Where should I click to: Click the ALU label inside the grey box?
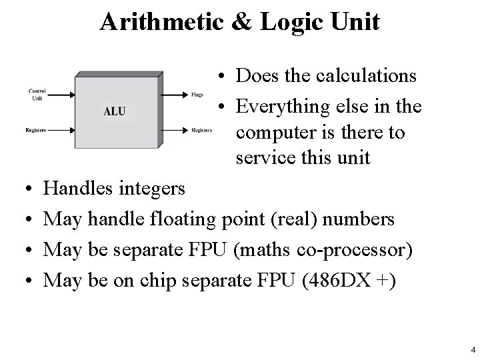[114, 111]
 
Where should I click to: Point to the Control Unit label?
[37, 94]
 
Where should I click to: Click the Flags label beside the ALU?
[197, 95]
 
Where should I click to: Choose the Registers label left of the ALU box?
[36, 129]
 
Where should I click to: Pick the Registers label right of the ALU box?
[201, 129]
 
